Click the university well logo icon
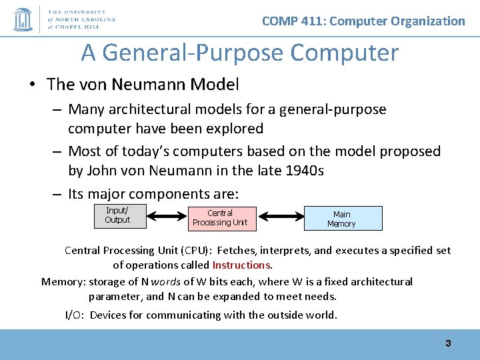[x=23, y=19]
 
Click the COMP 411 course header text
[x=363, y=21]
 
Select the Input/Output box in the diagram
[x=117, y=216]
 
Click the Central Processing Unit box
[x=219, y=218]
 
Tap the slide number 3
[x=448, y=343]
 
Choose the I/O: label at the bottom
[x=75, y=315]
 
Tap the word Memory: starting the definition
[x=63, y=281]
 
